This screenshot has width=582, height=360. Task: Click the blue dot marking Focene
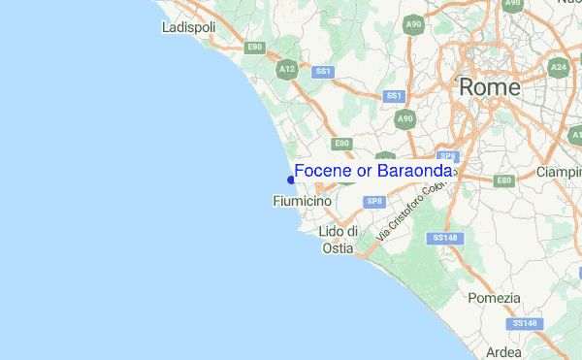(x=291, y=179)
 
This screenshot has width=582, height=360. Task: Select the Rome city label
(x=489, y=86)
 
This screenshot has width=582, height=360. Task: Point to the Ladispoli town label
(x=188, y=28)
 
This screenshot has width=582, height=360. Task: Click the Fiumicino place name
(x=303, y=201)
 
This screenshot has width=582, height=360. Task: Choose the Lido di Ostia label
(x=339, y=240)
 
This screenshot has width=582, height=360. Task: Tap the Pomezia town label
(x=494, y=298)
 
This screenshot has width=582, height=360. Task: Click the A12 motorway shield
(x=286, y=69)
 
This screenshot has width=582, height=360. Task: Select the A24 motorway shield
(x=559, y=67)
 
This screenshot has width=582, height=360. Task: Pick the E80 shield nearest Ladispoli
(x=255, y=47)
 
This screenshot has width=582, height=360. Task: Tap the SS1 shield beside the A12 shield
(x=323, y=71)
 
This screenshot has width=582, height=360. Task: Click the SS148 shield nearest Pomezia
(x=524, y=322)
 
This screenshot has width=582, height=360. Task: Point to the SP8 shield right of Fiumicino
(x=374, y=201)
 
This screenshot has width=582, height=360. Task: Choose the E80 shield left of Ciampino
(x=503, y=180)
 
